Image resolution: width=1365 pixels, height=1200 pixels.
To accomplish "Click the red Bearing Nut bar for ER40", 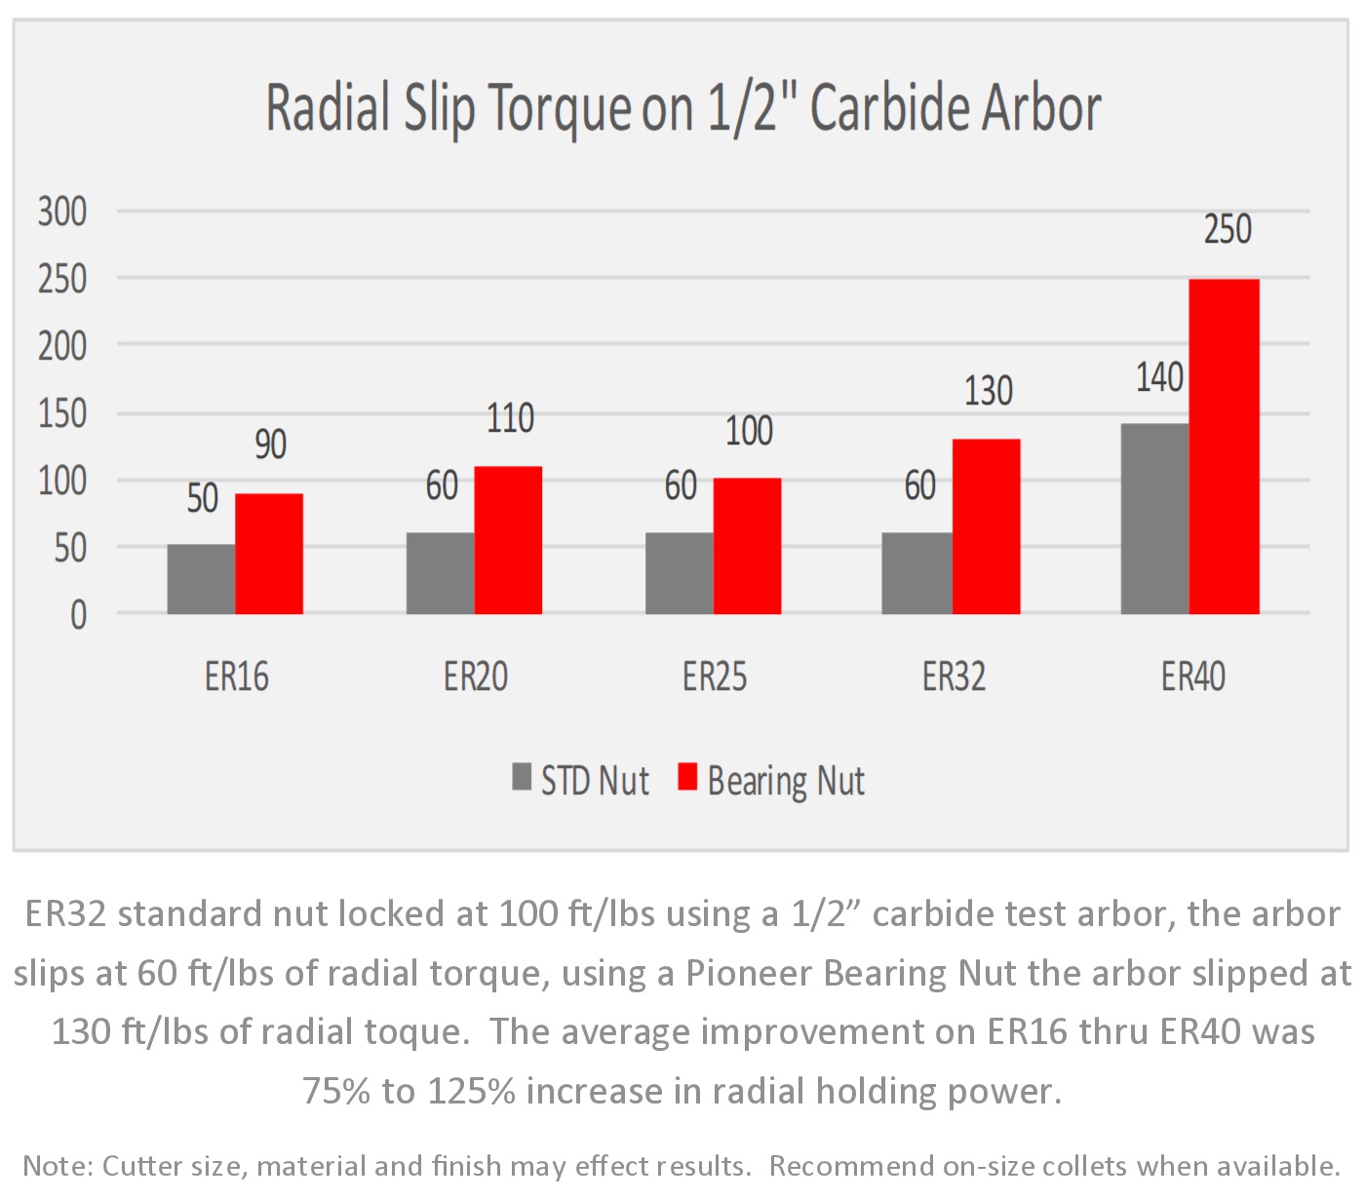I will coord(1224,446).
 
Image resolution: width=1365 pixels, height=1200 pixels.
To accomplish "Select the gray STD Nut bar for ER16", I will coord(201,579).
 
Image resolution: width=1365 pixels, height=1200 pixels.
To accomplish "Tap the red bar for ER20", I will coord(508,540).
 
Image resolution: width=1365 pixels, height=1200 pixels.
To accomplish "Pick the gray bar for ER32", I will coord(916,573).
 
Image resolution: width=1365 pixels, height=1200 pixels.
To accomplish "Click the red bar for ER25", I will coord(747,546).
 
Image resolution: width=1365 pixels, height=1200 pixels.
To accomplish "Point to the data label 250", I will coord(1227,230).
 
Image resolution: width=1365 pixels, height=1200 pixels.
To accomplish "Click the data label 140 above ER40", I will coord(1159,378).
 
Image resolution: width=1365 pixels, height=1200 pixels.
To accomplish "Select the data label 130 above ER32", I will coord(988,392).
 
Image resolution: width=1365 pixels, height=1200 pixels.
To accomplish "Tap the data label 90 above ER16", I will coord(270,445).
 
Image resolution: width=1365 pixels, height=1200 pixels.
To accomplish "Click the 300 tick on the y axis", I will coord(62,212).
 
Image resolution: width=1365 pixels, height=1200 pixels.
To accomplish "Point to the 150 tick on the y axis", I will coord(62,413).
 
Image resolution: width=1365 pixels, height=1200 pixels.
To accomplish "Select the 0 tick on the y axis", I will coord(78,615).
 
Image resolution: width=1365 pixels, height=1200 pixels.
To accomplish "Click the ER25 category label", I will coord(715,677).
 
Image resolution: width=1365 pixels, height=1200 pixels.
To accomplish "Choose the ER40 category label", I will coord(1192,677).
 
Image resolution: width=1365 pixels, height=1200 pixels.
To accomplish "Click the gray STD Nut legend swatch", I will coord(522,777).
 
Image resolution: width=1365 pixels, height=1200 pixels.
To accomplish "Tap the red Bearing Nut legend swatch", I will coord(687,777).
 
